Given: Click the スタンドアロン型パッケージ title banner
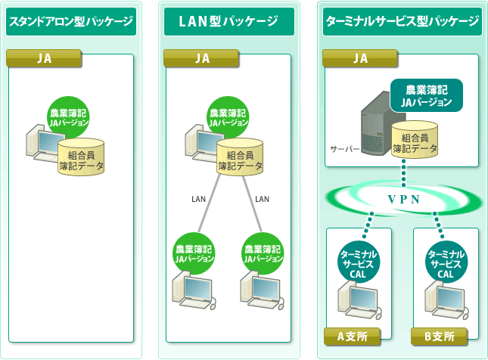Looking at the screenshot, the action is pos(71,21).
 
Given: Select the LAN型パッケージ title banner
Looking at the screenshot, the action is pos(229,21).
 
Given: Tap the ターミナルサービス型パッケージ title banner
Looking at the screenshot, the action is pos(402,21).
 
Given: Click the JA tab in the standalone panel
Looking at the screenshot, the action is pos(44,58).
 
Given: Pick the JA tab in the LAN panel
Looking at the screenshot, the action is pos(201,58).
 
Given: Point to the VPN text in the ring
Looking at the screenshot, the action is pos(404,200).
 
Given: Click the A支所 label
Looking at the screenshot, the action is pos(352,337).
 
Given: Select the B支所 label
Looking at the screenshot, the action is pos(439,337).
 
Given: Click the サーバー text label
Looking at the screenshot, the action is pos(344,149).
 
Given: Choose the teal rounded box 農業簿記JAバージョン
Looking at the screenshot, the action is pos(427,95).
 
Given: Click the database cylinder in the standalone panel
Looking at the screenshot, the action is pos(81,157).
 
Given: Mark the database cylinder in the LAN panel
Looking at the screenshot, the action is pos(240,157).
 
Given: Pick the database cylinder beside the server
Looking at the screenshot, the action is pos(415,140).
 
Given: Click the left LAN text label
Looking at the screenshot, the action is pos(198,199).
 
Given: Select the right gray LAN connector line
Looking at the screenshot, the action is pos(253,203).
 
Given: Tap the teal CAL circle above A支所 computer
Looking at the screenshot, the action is pos(358,262).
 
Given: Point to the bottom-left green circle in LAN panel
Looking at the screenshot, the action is pos(194,253).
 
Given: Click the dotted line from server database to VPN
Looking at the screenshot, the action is pos(404,173).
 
